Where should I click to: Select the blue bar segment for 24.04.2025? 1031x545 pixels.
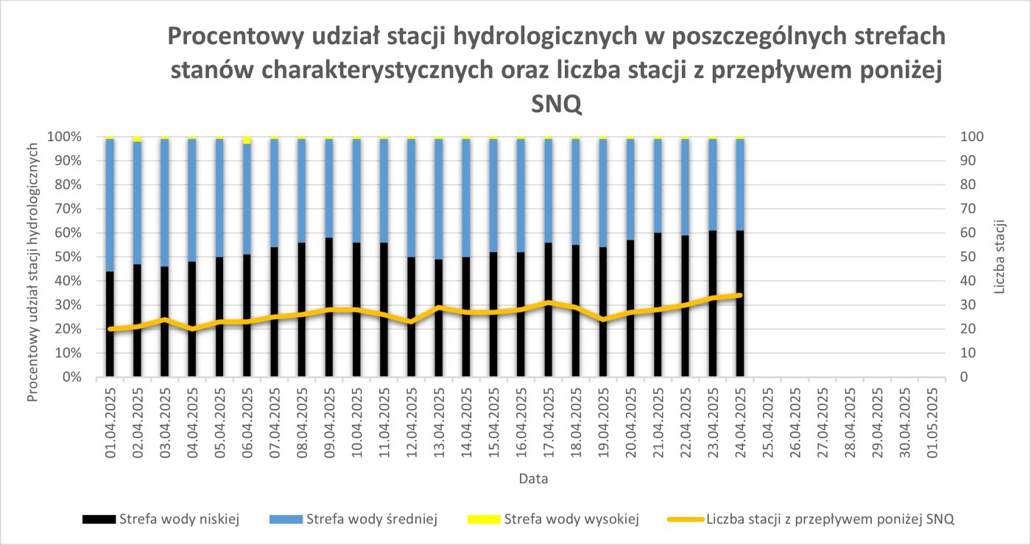click(740, 184)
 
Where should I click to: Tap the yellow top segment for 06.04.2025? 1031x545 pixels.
click(247, 140)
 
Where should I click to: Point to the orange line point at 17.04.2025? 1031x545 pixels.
click(548, 302)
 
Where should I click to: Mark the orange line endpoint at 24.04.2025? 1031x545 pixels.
click(740, 295)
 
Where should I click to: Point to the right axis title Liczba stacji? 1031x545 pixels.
click(999, 257)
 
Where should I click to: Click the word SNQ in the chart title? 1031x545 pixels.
click(557, 105)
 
